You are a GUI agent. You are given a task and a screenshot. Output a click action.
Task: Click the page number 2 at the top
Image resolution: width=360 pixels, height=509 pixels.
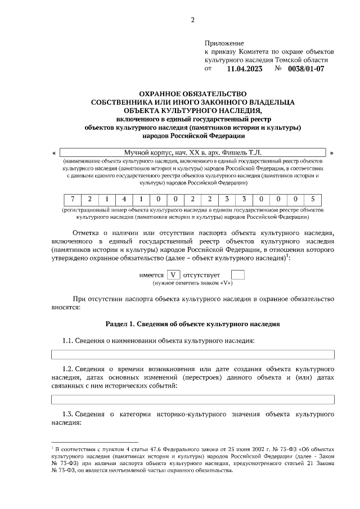pyautogui.click(x=192, y=21)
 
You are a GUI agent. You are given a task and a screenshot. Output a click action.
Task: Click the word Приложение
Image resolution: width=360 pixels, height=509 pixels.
pyautogui.click(x=224, y=43)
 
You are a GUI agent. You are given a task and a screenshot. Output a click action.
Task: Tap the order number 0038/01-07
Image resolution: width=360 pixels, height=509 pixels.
pyautogui.click(x=306, y=69)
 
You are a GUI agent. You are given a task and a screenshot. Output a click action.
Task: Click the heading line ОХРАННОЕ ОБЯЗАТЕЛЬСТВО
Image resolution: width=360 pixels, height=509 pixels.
pyautogui.click(x=193, y=93)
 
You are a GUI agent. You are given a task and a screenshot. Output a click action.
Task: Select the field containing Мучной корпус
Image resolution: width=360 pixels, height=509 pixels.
pyautogui.click(x=193, y=152)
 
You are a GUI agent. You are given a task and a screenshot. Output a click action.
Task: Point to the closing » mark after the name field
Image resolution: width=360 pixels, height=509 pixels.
pyautogui.click(x=332, y=152)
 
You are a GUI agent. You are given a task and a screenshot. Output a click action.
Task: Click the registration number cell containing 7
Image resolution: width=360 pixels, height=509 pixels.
pyautogui.click(x=73, y=199)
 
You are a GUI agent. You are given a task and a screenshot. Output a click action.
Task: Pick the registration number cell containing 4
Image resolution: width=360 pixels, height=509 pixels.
pyautogui.click(x=123, y=199)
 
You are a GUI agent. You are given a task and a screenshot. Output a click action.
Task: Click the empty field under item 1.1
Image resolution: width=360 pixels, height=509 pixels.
pyautogui.click(x=193, y=354)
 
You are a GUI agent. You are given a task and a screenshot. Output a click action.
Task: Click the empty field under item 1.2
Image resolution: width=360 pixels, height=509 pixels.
pyautogui.click(x=193, y=400)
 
